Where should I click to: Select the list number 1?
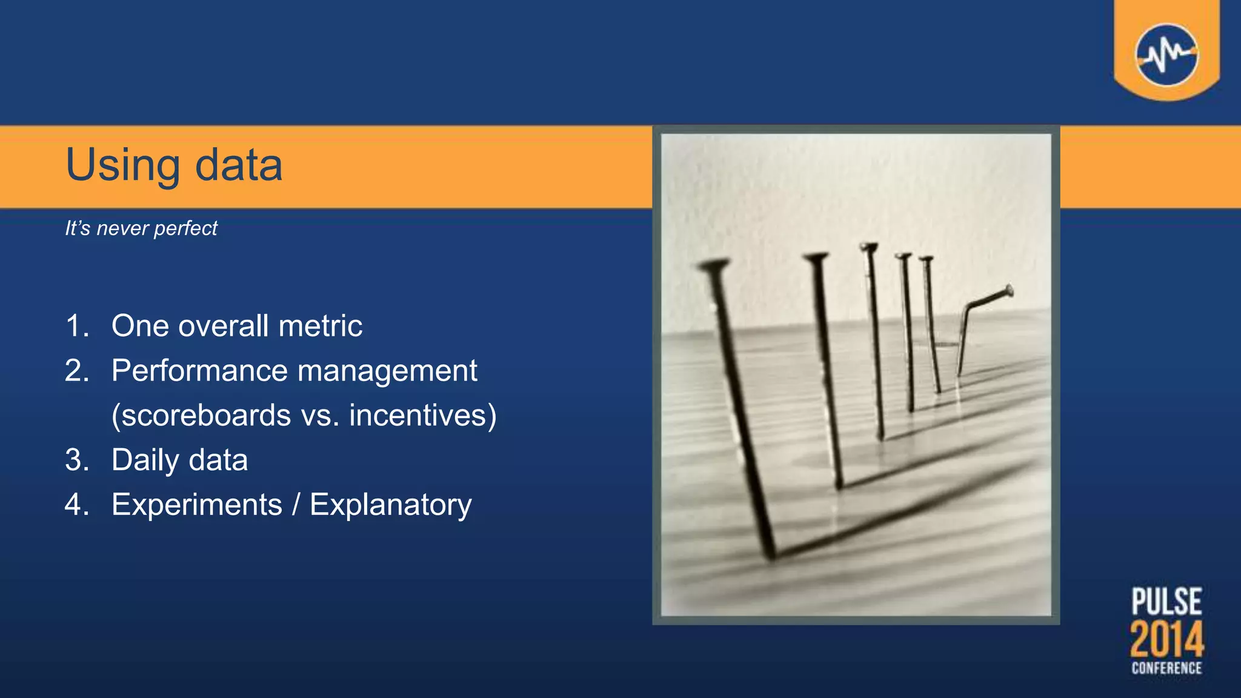[x=75, y=326]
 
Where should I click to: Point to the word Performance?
[x=198, y=371]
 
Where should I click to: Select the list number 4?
[x=75, y=505]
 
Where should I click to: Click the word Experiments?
[x=197, y=505]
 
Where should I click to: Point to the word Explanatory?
[x=391, y=505]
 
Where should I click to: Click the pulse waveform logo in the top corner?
[x=1166, y=55]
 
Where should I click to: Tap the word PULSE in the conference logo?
[x=1166, y=602]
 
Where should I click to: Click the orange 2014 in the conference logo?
[x=1166, y=639]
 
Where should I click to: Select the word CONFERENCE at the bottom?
[x=1166, y=668]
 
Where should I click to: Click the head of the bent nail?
[x=1008, y=291]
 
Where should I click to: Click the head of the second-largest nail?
[x=816, y=258]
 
